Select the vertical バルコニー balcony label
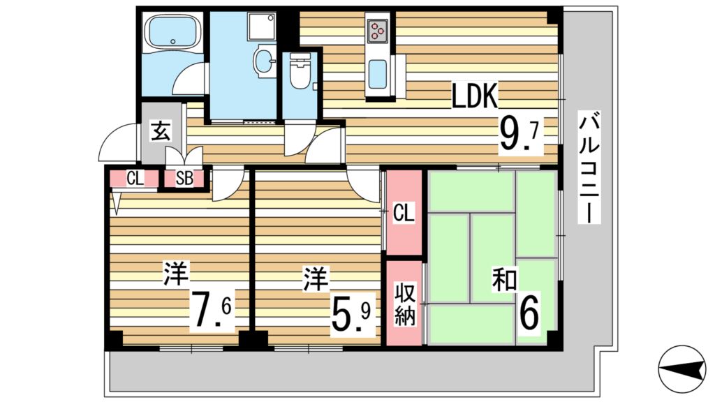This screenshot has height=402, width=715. click(x=590, y=167)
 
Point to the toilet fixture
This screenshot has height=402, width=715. click(x=300, y=73)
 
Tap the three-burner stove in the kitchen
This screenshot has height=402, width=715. click(x=378, y=30)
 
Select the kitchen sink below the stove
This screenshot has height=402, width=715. click(x=378, y=74)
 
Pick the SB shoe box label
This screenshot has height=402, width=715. click(x=184, y=178)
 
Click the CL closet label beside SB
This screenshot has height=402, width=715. click(x=135, y=178)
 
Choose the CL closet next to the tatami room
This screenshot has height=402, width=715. click(x=404, y=212)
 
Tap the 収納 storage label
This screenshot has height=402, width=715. click(x=404, y=303)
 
